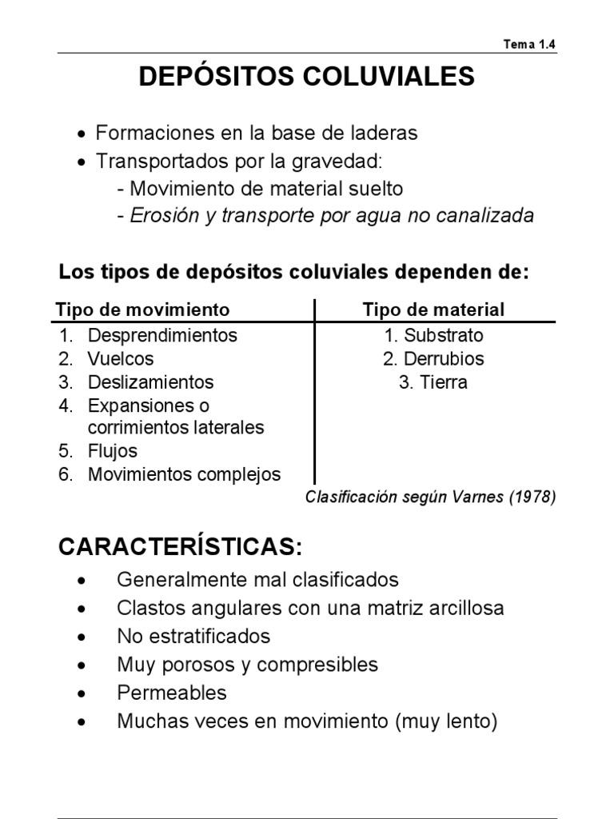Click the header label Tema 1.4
pos(529,44)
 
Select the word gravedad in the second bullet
pos(342,161)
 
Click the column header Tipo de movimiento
pos(142,310)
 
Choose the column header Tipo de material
pos(433,310)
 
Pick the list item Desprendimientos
pos(162,335)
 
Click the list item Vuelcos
pos(121,359)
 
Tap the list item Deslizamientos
pos(151,382)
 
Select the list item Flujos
pos(113,451)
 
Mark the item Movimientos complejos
pos(184,474)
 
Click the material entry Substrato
pos(443,335)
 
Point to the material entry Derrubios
pos(444,359)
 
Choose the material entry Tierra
pos(444,382)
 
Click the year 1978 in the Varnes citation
pos(532,497)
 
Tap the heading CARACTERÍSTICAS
pos(181,548)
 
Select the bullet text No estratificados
pos(193,636)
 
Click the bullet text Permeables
pos(172,693)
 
